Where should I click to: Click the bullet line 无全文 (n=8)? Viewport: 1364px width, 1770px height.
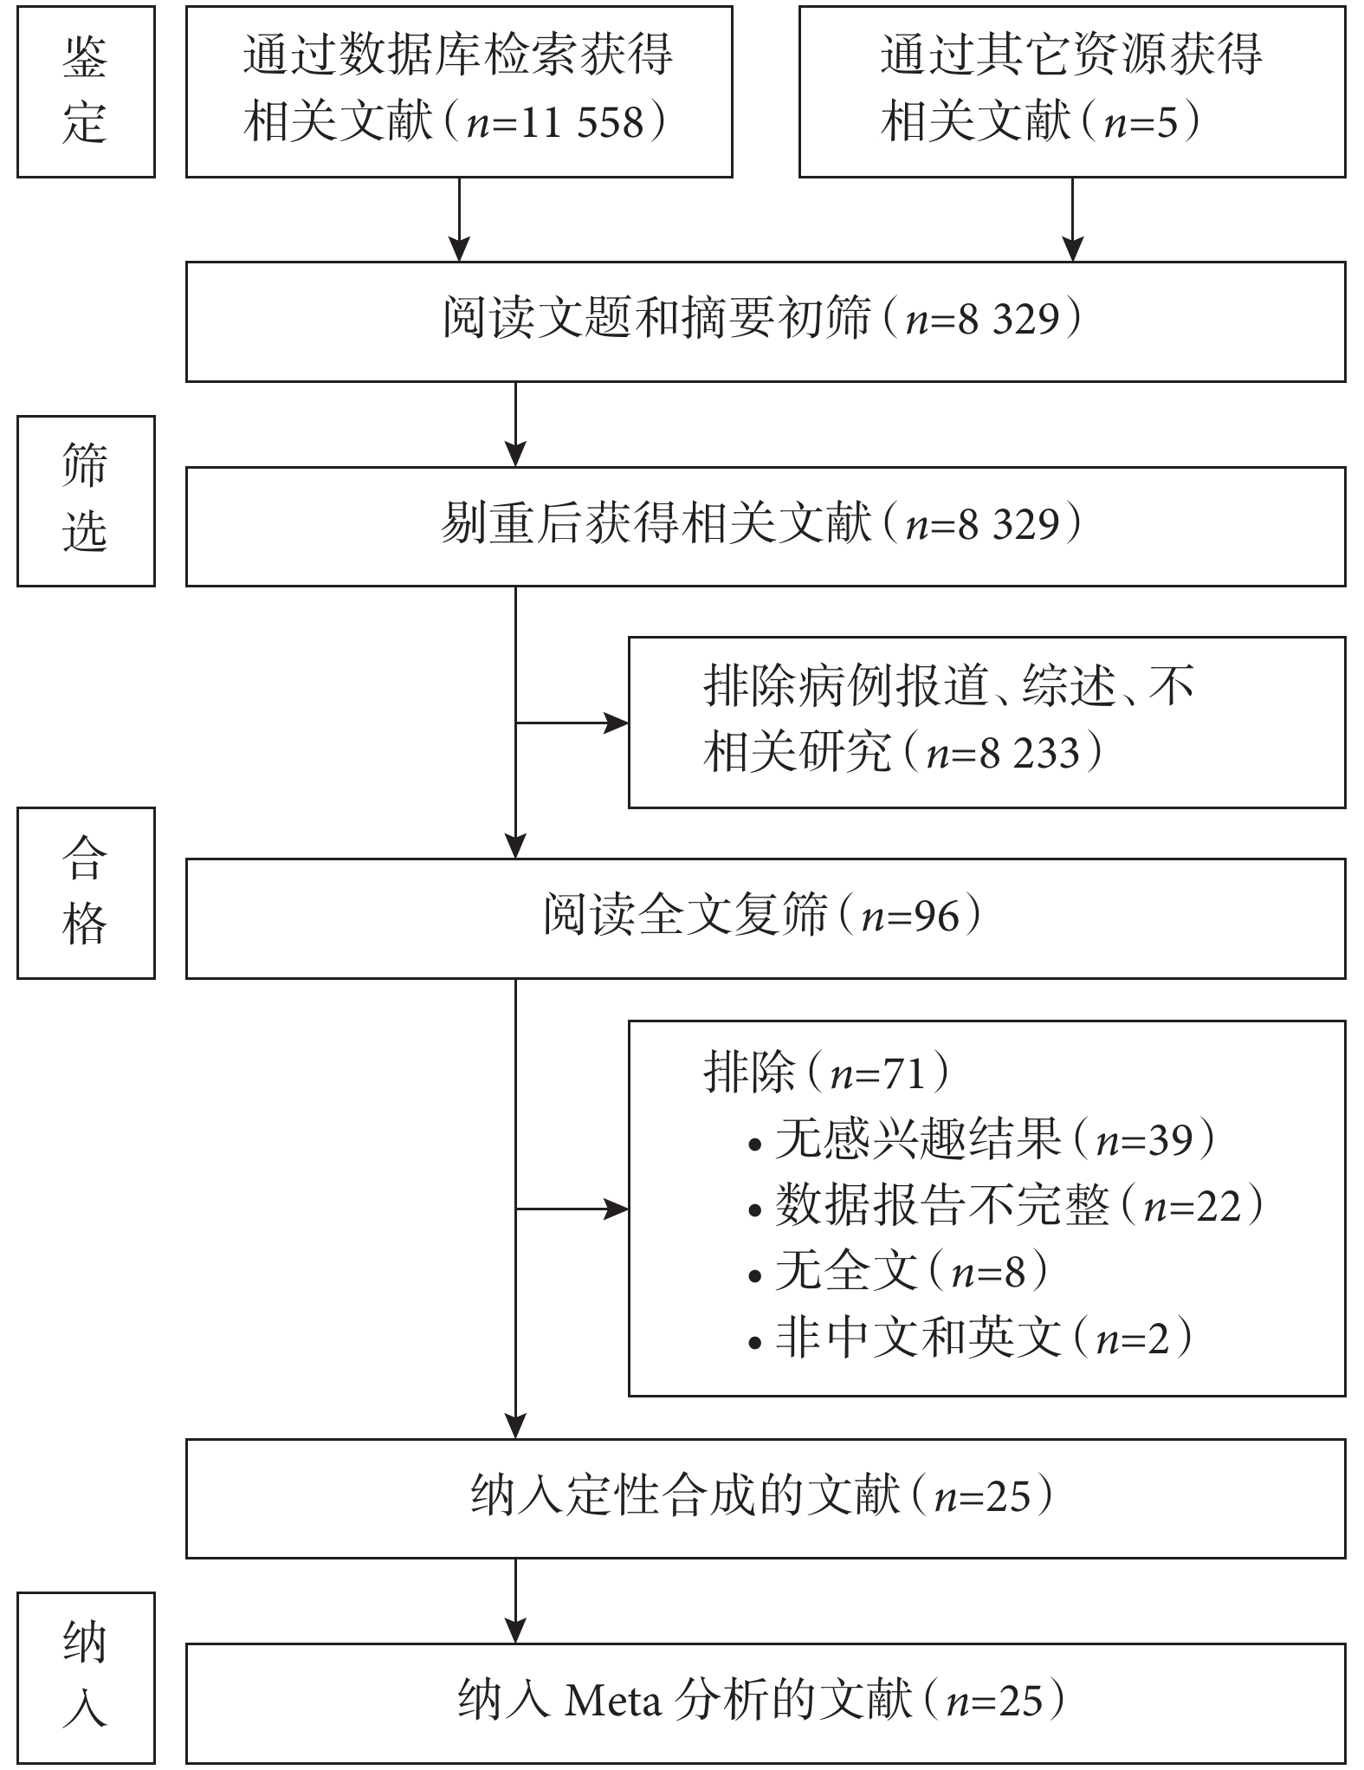[x=899, y=1273]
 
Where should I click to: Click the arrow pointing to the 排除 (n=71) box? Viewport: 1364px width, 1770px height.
[x=572, y=1209]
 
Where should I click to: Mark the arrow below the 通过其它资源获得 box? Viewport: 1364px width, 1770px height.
[x=1073, y=219]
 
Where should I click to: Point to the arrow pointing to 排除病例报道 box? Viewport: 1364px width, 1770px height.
[x=572, y=723]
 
